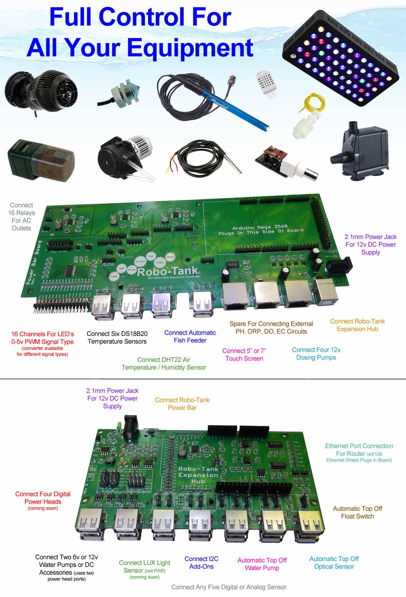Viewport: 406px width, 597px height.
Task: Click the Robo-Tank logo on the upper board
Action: click(x=167, y=272)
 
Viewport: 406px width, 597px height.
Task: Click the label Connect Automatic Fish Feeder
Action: click(x=190, y=337)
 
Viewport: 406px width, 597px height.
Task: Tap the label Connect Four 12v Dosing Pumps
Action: click(x=316, y=354)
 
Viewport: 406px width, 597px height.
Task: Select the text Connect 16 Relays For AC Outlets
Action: click(x=21, y=217)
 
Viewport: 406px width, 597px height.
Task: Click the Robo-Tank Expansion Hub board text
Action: click(x=198, y=475)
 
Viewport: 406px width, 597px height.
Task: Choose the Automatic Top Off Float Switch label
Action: click(x=357, y=512)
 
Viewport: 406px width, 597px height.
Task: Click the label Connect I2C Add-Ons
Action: click(x=201, y=562)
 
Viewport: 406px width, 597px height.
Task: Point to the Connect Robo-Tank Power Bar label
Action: click(x=182, y=404)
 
